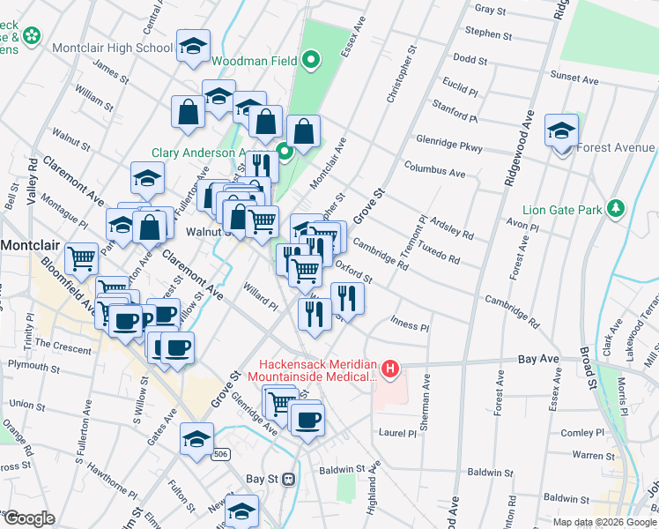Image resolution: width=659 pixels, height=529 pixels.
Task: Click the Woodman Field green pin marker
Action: pyautogui.click(x=309, y=61)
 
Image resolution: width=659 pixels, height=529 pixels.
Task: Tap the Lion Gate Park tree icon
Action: pyautogui.click(x=618, y=209)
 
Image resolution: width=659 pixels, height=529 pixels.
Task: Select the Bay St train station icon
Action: pyautogui.click(x=287, y=479)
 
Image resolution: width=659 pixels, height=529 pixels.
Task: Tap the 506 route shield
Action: pyautogui.click(x=223, y=453)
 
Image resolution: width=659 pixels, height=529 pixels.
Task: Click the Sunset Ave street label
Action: pyautogui.click(x=574, y=79)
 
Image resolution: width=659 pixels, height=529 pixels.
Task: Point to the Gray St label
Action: pyautogui.click(x=490, y=11)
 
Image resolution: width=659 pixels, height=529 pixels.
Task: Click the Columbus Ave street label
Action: pyautogui.click(x=434, y=168)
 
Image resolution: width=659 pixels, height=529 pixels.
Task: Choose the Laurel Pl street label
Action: pyautogui.click(x=397, y=433)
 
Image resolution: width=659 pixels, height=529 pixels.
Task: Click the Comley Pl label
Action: pyautogui.click(x=583, y=433)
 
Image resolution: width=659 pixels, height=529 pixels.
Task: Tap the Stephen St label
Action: pyautogui.click(x=488, y=35)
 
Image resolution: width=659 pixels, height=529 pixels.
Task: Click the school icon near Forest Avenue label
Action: pyautogui.click(x=560, y=131)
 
